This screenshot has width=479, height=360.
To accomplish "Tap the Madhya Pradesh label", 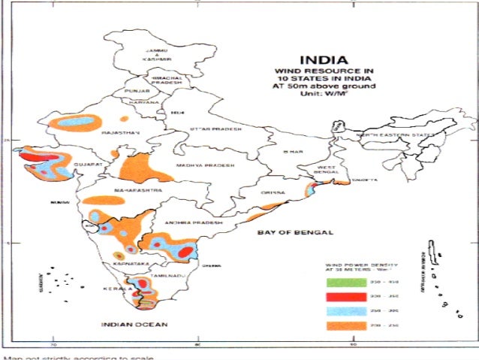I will [x=205, y=165].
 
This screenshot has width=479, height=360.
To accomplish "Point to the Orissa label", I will [x=272, y=192].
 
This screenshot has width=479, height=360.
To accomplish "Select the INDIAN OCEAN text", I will [x=134, y=325].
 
